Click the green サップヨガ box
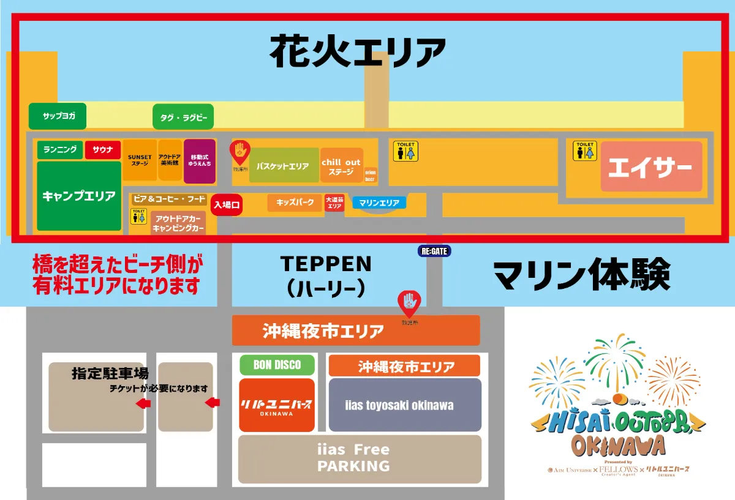[58, 116]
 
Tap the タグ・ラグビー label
[183, 117]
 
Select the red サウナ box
[103, 150]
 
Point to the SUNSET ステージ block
[140, 160]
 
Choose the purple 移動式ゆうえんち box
[200, 161]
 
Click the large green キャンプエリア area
[79, 196]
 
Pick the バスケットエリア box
[284, 165]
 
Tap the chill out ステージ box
[341, 166]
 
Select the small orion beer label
[371, 176]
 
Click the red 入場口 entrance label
[227, 205]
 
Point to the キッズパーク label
[295, 203]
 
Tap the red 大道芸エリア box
[334, 203]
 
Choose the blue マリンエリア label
[379, 203]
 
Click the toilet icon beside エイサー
[584, 152]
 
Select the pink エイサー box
[651, 166]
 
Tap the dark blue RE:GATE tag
[434, 251]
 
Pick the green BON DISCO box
[277, 365]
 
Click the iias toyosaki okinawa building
[405, 405]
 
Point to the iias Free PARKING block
[354, 458]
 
